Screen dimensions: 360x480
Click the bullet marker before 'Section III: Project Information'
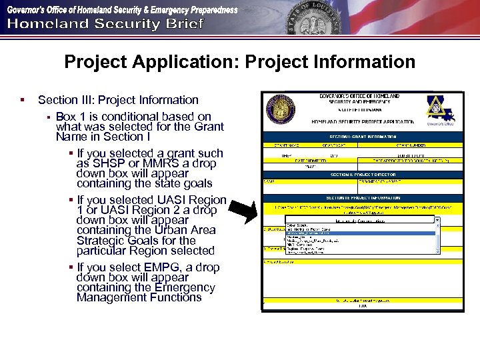pyautogui.click(x=23, y=100)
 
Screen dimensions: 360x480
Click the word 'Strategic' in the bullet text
pyautogui.click(x=101, y=241)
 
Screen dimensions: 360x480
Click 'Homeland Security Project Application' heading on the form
pyautogui.click(x=363, y=122)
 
